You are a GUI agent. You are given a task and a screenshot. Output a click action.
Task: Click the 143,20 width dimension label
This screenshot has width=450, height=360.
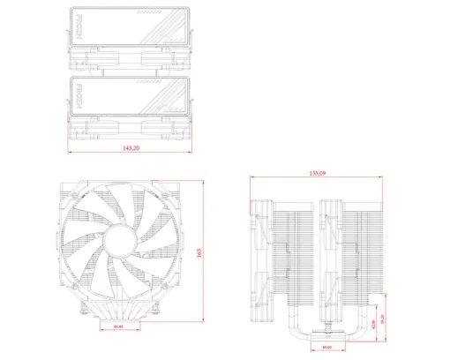pyautogui.click(x=131, y=149)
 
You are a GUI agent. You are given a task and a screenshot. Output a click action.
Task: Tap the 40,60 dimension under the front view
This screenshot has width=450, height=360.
pyautogui.click(x=119, y=327)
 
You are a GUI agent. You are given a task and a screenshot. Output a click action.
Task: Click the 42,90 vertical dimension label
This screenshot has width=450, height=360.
pyautogui.click(x=374, y=324)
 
